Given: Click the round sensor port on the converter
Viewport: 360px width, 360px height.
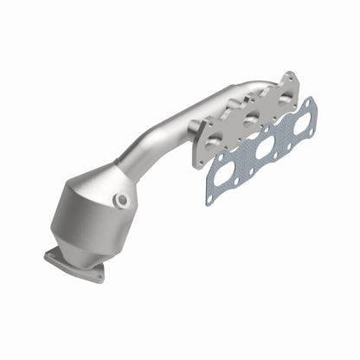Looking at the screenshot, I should pyautogui.click(x=124, y=201).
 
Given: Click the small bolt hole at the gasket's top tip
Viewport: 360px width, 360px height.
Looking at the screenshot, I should pyautogui.click(x=310, y=101).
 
